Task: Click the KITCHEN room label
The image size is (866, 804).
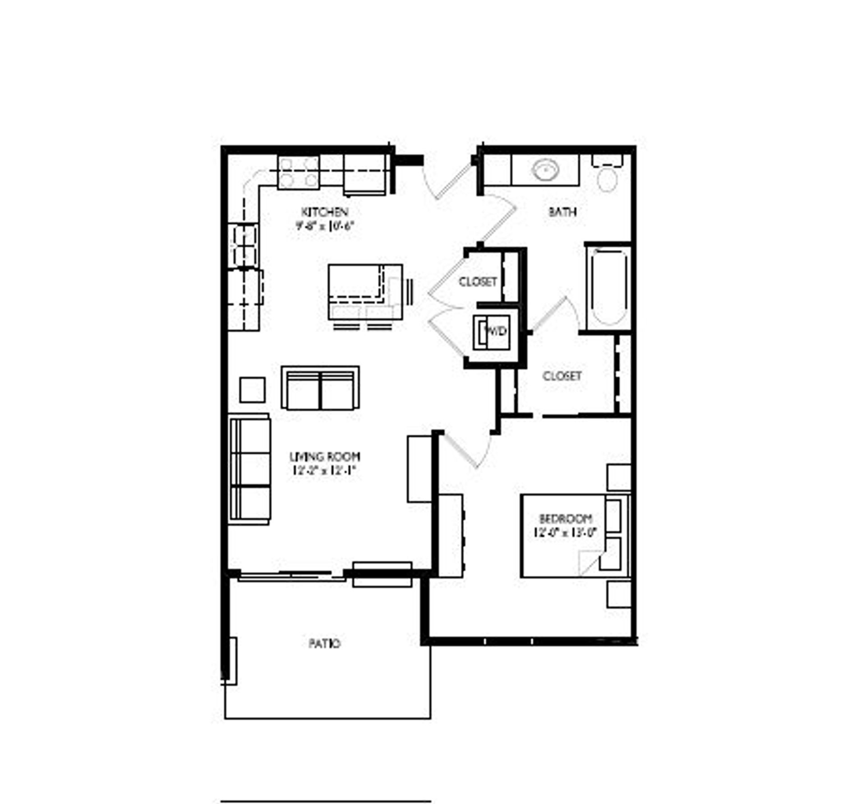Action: pos(324,212)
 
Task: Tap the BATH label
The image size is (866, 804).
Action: pos(562,211)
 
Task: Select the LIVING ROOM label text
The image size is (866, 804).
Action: pos(324,457)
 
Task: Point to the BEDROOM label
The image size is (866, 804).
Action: pos(565,518)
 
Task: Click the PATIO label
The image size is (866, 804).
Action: pos(324,643)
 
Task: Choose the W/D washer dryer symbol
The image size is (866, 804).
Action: pos(495,332)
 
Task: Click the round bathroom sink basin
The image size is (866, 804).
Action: pos(546,171)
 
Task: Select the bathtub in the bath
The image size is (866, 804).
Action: pos(608,287)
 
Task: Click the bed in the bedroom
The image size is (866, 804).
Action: pos(575,536)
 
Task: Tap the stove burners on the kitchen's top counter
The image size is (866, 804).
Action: pos(298,172)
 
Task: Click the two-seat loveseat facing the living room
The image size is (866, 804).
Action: pos(320,388)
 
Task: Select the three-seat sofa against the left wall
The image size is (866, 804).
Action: pos(249,469)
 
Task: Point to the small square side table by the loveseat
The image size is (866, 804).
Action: pos(252,389)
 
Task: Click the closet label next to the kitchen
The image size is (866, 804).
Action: pos(478,282)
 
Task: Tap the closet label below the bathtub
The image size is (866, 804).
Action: pos(562,376)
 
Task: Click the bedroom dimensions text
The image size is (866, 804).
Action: pos(565,532)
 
